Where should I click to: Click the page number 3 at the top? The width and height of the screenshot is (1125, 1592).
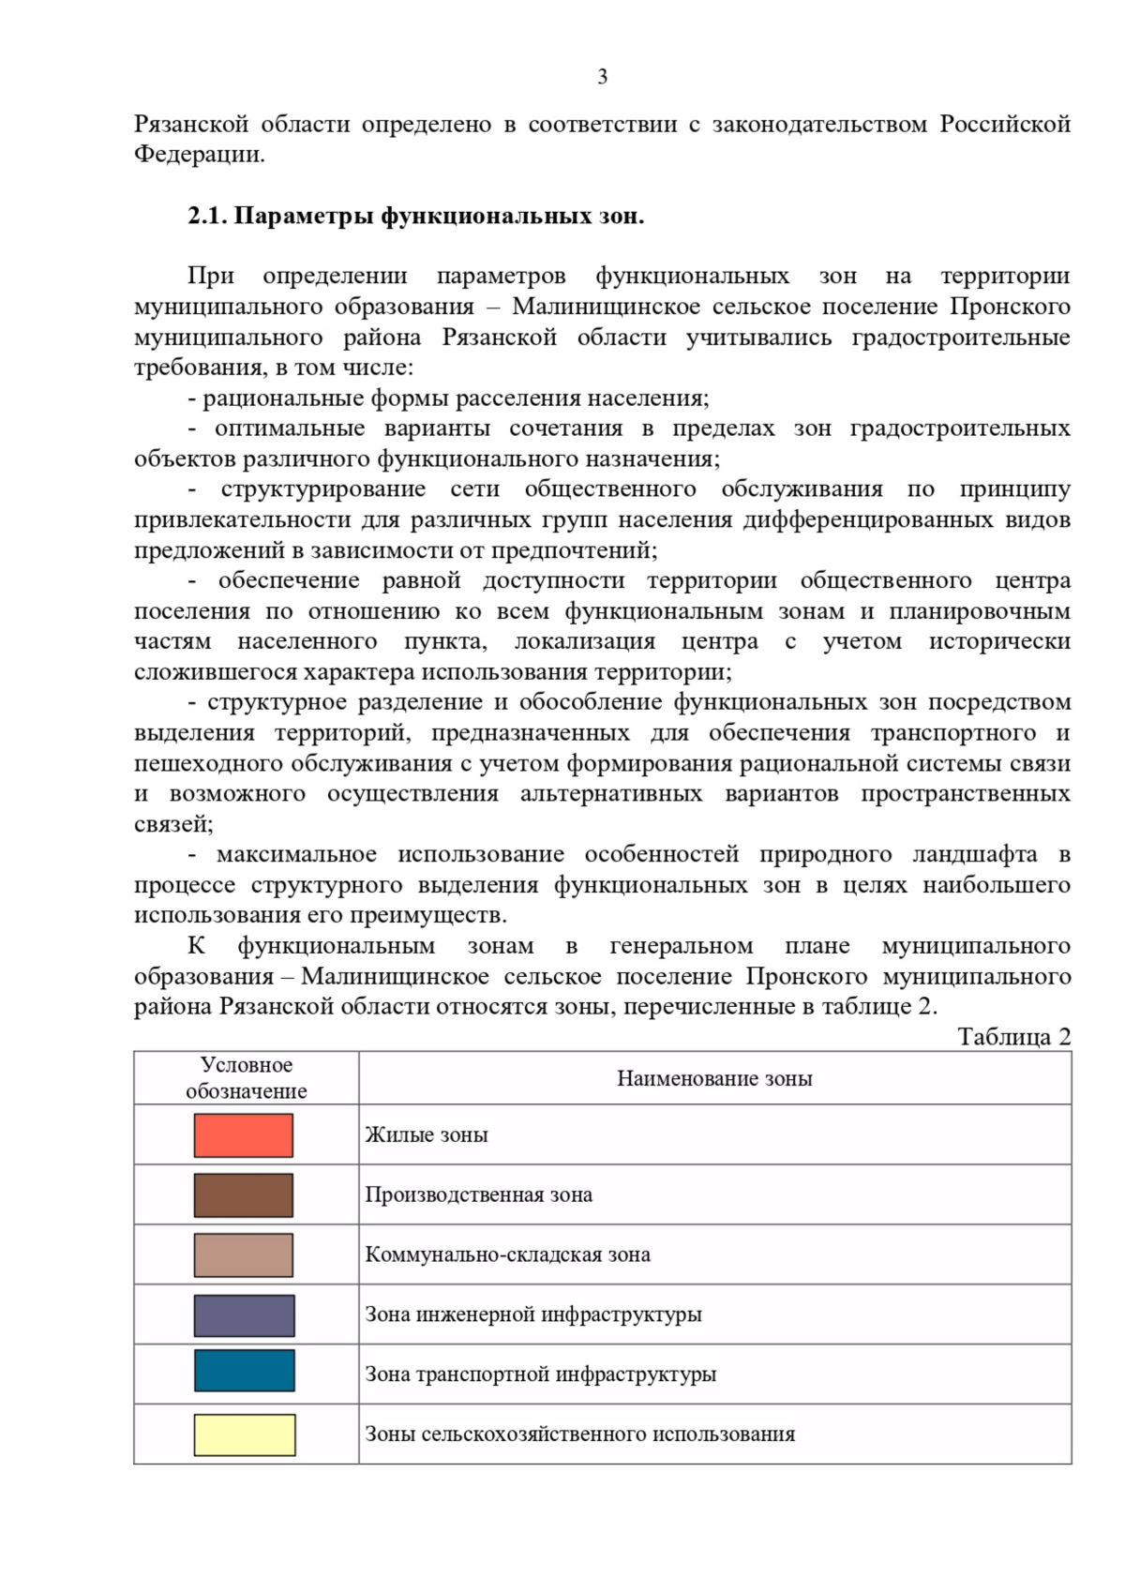pyautogui.click(x=602, y=77)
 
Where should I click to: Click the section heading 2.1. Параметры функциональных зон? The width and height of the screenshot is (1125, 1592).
pyautogui.click(x=415, y=217)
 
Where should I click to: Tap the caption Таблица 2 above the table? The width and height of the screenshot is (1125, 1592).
pyautogui.click(x=1013, y=1036)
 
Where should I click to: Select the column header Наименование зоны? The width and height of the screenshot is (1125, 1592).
pyautogui.click(x=714, y=1078)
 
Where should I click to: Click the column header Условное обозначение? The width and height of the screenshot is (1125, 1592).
pyautogui.click(x=247, y=1078)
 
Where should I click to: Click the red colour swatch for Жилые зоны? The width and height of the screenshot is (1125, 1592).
pyautogui.click(x=244, y=1135)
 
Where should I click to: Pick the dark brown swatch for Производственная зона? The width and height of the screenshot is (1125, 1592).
pyautogui.click(x=244, y=1195)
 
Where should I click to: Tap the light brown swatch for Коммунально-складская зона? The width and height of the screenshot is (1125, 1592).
pyautogui.click(x=244, y=1255)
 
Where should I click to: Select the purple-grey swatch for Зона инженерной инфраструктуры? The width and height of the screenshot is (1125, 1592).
pyautogui.click(x=244, y=1314)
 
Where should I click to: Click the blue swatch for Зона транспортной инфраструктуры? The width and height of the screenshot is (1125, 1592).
pyautogui.click(x=244, y=1371)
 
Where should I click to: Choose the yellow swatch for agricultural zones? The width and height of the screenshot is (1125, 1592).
pyautogui.click(x=244, y=1434)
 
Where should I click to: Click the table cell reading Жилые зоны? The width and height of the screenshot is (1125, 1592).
pyautogui.click(x=427, y=1135)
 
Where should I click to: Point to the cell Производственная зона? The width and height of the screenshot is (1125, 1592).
pyautogui.click(x=478, y=1195)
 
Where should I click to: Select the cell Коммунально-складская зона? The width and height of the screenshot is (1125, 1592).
pyautogui.click(x=507, y=1255)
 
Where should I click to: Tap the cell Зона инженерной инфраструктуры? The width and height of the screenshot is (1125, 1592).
pyautogui.click(x=533, y=1314)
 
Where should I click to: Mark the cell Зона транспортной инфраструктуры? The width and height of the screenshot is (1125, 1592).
pyautogui.click(x=541, y=1374)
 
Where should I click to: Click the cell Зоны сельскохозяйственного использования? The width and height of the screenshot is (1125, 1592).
pyautogui.click(x=580, y=1434)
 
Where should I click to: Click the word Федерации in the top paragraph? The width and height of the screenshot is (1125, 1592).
pyautogui.click(x=199, y=155)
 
